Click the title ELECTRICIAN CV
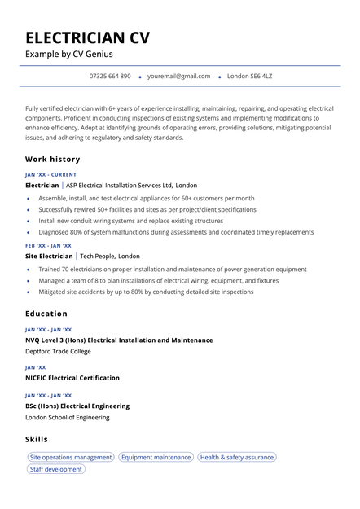click(x=87, y=37)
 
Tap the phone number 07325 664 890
click(x=110, y=76)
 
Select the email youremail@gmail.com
click(x=179, y=76)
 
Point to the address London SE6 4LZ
click(x=249, y=76)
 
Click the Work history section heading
click(x=53, y=160)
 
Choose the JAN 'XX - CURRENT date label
click(x=50, y=174)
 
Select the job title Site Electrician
click(x=49, y=256)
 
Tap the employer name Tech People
click(x=97, y=256)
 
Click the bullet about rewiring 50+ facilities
click(x=147, y=209)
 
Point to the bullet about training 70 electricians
click(x=172, y=269)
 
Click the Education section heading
click(x=46, y=314)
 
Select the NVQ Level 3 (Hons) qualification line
click(x=119, y=340)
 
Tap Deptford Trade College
click(x=58, y=352)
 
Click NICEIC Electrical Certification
click(x=72, y=378)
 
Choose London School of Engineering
click(x=67, y=418)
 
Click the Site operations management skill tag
click(x=70, y=458)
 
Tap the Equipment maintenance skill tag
click(x=156, y=458)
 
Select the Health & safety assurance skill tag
click(x=236, y=458)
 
